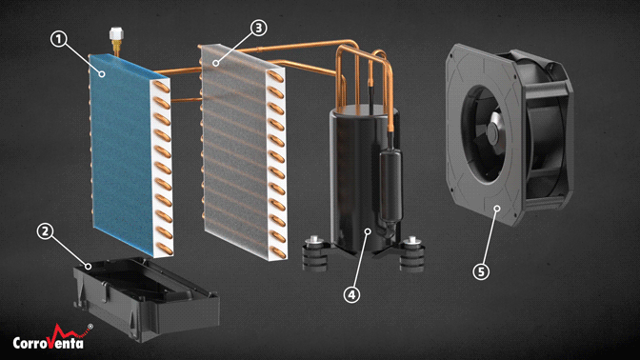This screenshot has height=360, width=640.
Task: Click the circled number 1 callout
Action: [59, 39]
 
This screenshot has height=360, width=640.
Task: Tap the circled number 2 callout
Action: [45, 231]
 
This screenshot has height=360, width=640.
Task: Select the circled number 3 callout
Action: [259, 28]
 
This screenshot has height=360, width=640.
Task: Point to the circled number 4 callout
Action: [351, 294]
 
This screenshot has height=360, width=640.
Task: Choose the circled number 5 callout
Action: [481, 271]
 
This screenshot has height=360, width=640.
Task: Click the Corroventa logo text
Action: [49, 342]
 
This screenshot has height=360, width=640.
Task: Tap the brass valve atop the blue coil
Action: [115, 37]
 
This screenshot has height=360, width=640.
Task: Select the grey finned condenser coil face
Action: [234, 151]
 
